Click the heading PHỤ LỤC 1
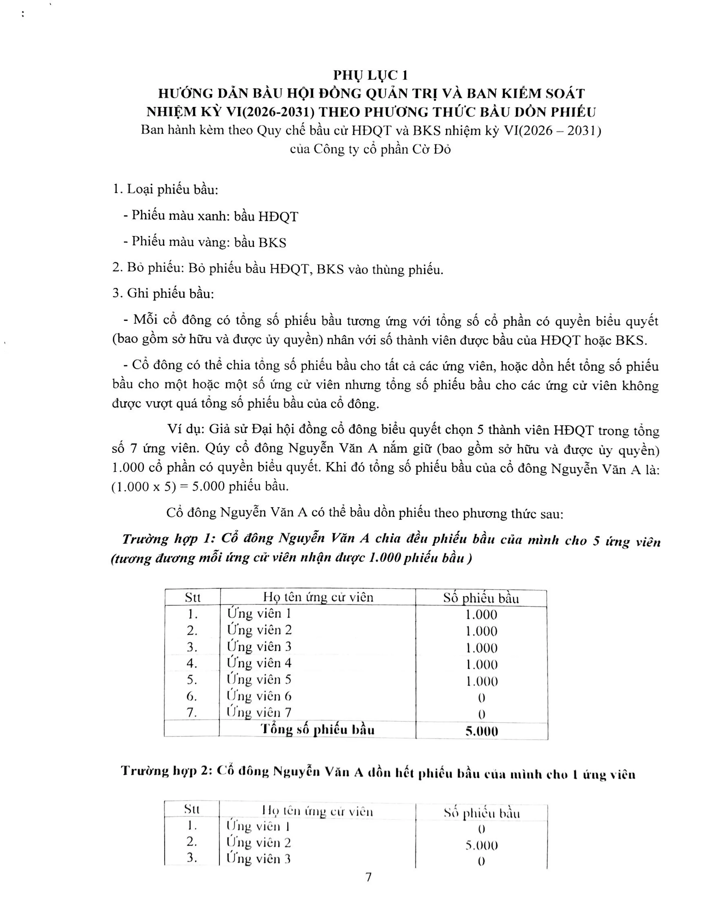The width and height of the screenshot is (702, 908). click(x=370, y=75)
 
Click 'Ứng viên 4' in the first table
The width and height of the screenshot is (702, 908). click(x=259, y=663)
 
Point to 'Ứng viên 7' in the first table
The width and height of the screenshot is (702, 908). click(x=259, y=712)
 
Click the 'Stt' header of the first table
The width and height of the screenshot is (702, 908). click(x=192, y=597)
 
